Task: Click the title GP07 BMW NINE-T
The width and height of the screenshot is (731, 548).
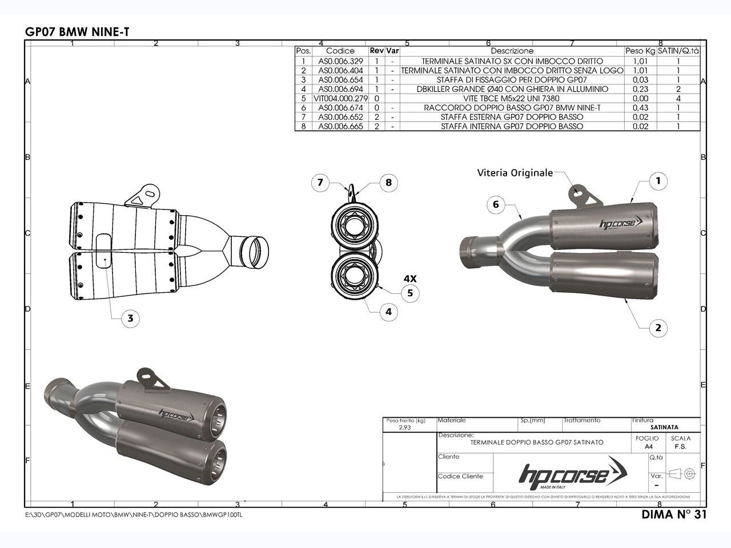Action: [77, 32]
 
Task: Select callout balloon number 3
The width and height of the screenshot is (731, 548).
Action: [130, 319]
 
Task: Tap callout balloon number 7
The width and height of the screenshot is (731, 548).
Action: [320, 183]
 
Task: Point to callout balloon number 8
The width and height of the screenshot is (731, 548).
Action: [388, 183]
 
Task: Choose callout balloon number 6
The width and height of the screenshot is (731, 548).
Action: [496, 204]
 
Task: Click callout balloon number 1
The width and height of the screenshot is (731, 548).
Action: [658, 182]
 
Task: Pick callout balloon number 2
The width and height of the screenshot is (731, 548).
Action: [658, 328]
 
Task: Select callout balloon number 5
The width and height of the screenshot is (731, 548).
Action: [409, 293]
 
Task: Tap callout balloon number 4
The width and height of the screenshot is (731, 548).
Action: [388, 312]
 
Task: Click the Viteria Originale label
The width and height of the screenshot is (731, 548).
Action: [515, 172]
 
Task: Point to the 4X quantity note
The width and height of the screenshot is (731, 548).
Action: [409, 279]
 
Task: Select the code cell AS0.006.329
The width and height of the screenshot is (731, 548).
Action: [340, 61]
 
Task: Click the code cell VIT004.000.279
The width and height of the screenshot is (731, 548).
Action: [340, 98]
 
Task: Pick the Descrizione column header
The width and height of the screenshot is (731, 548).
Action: [512, 51]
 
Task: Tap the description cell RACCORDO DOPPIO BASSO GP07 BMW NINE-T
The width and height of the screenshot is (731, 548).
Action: [512, 107]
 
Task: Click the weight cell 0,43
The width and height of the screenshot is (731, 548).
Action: [640, 107]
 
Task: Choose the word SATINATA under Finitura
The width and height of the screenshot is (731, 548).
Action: [664, 427]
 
